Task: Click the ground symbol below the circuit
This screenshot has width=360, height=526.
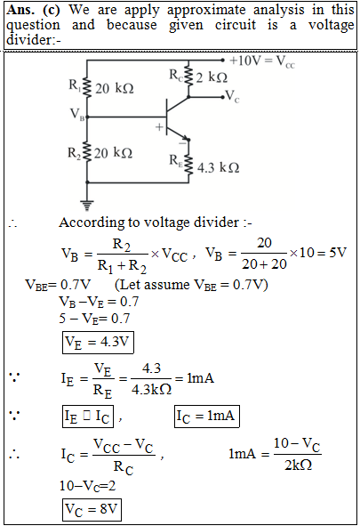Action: pos(87,205)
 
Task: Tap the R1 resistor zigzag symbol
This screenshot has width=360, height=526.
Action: pos(87,88)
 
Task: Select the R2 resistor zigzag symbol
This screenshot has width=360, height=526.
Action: pos(87,152)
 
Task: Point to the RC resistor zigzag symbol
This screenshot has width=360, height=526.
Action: pos(188,76)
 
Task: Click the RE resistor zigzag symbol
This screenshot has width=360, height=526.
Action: pos(188,165)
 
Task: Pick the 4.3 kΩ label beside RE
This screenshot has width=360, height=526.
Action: pos(218,167)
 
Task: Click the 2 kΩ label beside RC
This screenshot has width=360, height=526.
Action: pos(212,77)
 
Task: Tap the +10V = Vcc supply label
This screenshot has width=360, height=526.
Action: pos(262,61)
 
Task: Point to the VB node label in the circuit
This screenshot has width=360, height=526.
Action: pos(77,114)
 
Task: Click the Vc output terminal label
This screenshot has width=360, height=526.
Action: pos(232,96)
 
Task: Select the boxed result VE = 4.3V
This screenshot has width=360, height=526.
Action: pos(98,343)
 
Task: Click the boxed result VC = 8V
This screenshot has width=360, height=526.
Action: pos(92,510)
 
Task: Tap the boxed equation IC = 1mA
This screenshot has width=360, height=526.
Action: pos(206,417)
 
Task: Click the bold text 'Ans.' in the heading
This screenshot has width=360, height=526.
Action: pos(20,10)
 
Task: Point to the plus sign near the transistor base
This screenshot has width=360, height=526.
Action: pos(159,127)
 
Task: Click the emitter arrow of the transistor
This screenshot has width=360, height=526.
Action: pos(184,136)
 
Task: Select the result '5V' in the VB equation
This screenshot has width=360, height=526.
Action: pos(338,252)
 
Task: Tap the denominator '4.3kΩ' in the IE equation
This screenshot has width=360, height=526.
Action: pos(151,390)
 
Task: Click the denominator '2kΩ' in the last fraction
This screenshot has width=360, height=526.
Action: pos(298,465)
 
